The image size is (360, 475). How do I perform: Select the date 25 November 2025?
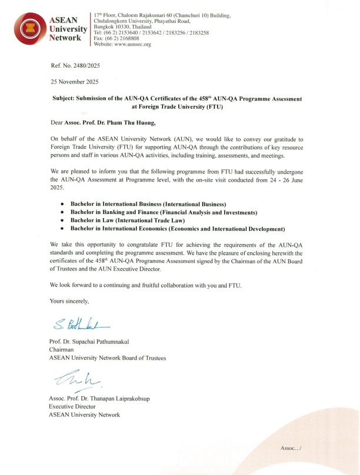(x=75, y=82)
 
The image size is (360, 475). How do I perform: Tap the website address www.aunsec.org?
(x=135, y=44)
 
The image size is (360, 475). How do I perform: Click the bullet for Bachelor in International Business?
(x=63, y=203)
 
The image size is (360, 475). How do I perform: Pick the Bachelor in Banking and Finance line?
(x=164, y=212)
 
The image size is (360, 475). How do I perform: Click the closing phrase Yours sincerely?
(x=69, y=301)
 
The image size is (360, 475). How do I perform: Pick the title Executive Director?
(x=72, y=406)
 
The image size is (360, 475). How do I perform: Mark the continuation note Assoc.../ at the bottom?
(x=291, y=448)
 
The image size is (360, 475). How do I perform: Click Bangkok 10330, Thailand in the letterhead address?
(x=122, y=27)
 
